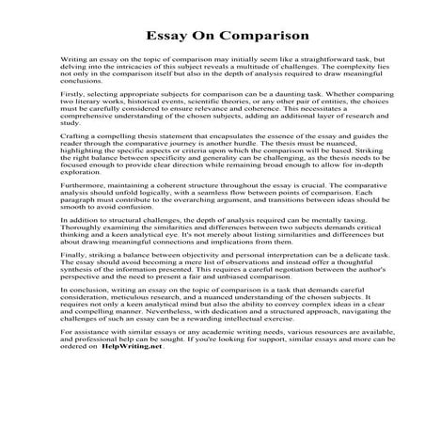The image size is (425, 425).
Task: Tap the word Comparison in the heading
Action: [252, 36]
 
